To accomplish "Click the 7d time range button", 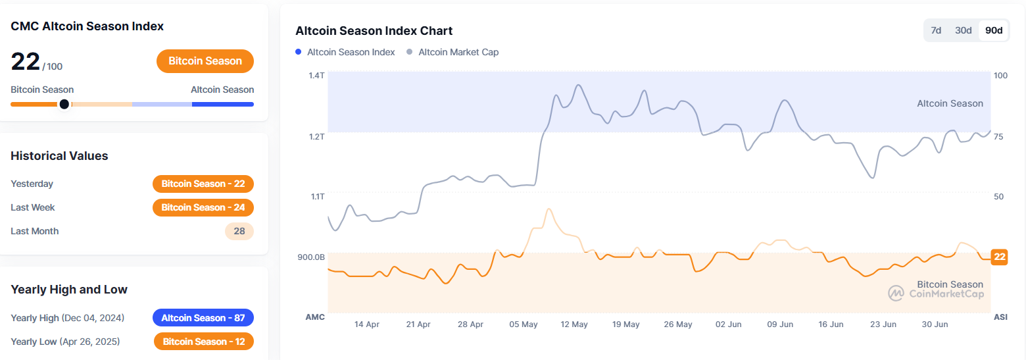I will click(x=936, y=30).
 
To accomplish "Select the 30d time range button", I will click(x=964, y=30).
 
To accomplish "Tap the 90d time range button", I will click(x=994, y=30).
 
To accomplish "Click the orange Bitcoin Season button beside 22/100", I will click(x=205, y=61).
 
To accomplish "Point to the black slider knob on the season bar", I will click(x=64, y=104).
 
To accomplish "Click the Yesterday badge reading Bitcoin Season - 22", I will click(x=203, y=184).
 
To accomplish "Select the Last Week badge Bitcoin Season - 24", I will click(x=203, y=207).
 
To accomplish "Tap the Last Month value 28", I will click(x=239, y=231).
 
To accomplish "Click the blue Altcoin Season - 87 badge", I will click(x=203, y=318).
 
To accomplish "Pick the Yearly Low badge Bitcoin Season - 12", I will click(x=203, y=342).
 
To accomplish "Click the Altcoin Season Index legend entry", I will click(x=345, y=52).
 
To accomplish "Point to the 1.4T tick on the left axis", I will click(x=316, y=76).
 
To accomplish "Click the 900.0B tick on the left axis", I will click(x=311, y=257).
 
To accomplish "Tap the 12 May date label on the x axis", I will click(x=574, y=324).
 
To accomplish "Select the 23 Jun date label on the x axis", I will click(x=883, y=324).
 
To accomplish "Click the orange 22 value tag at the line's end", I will click(x=1000, y=257).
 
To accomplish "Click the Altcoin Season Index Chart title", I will click(x=374, y=31).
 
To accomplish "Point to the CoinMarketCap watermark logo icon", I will click(x=896, y=294).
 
